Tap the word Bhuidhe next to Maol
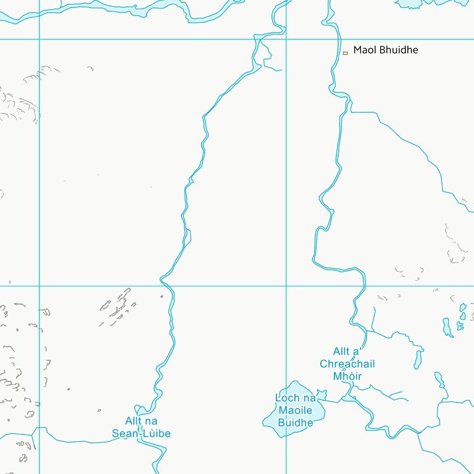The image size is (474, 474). click(x=397, y=49)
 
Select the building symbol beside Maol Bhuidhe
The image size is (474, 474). click(x=346, y=53)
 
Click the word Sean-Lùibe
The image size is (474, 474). click(x=141, y=433)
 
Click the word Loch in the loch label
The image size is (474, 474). click(x=287, y=398)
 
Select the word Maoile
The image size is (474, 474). click(x=296, y=410)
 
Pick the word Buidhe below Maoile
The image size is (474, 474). click(x=296, y=423)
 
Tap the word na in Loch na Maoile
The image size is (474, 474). click(x=309, y=398)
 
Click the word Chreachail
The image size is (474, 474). click(x=347, y=364)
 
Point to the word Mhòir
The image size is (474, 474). click(x=347, y=376)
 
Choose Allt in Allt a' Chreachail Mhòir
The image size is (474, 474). click(x=342, y=352)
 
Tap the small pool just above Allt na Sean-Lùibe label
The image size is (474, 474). click(x=143, y=410)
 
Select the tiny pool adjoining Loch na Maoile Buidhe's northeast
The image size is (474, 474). click(x=321, y=393)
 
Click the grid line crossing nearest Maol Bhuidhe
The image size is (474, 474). click(x=286, y=39)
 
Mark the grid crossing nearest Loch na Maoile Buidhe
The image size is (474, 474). click(x=286, y=286)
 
